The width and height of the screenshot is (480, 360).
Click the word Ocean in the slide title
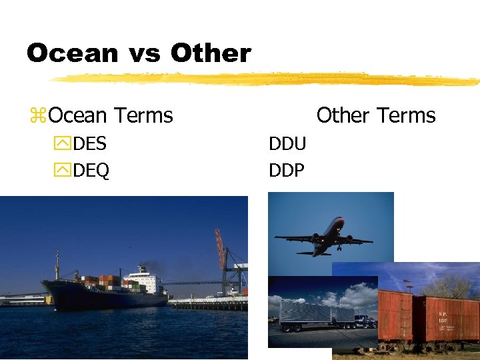point(73,53)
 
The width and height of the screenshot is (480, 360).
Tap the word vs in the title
point(144,54)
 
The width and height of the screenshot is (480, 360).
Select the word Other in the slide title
point(211,53)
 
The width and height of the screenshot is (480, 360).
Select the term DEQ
point(91,171)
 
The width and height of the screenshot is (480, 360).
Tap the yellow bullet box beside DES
point(63,145)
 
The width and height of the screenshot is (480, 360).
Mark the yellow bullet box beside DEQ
point(63,171)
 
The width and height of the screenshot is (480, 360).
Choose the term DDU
point(287,144)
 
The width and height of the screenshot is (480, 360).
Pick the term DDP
point(287,171)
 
